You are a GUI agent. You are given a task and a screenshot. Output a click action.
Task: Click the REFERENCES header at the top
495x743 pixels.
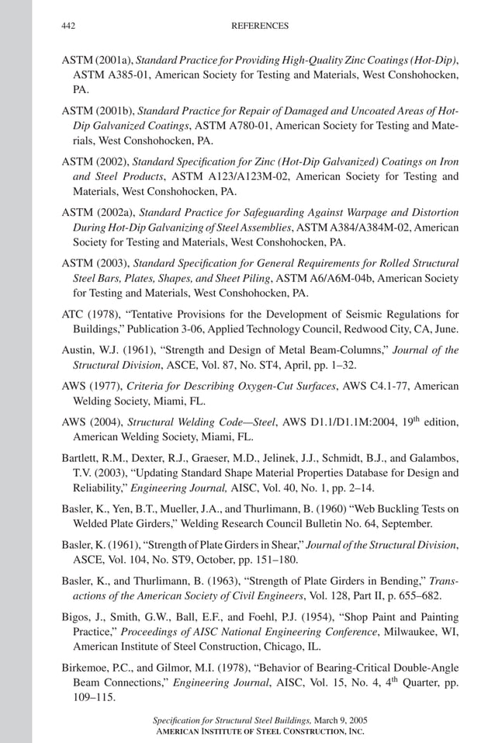(x=260, y=26)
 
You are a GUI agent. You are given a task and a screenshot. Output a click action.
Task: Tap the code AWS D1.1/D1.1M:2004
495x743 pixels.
(x=336, y=422)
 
